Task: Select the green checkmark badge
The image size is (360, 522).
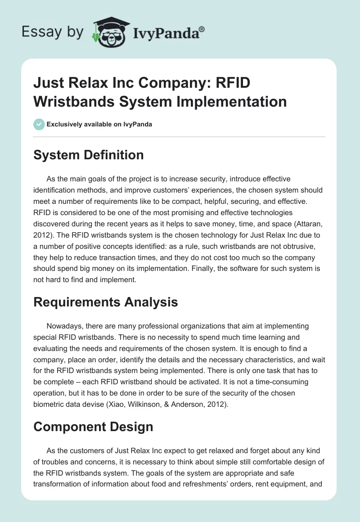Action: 39,124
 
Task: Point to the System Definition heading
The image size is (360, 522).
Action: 89,155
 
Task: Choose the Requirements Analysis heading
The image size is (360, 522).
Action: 106,302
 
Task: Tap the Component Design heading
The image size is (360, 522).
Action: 94,426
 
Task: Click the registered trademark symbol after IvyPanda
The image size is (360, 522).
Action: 202,29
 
